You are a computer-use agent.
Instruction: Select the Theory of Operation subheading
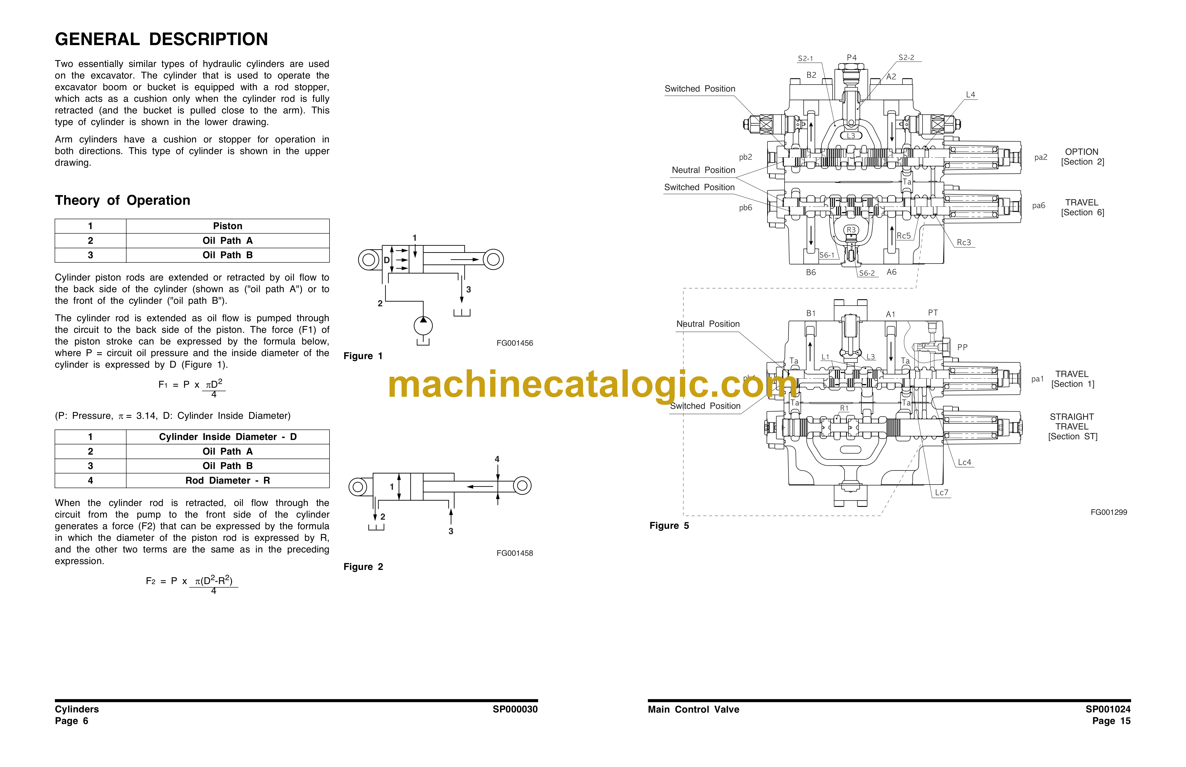(x=123, y=200)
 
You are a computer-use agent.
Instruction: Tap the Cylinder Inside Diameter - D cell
(x=228, y=437)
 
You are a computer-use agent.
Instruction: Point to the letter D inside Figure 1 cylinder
(x=387, y=260)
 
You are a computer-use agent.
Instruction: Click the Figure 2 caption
(x=363, y=567)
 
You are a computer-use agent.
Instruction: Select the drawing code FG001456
(x=515, y=343)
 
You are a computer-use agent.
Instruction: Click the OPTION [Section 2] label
(x=1082, y=157)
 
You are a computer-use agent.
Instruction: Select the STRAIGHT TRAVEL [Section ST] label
(x=1072, y=427)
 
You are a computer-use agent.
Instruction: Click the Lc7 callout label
(x=941, y=493)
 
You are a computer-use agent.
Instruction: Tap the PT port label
(x=933, y=313)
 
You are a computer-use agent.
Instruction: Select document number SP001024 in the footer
(x=1108, y=709)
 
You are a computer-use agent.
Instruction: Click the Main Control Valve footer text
(x=694, y=709)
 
